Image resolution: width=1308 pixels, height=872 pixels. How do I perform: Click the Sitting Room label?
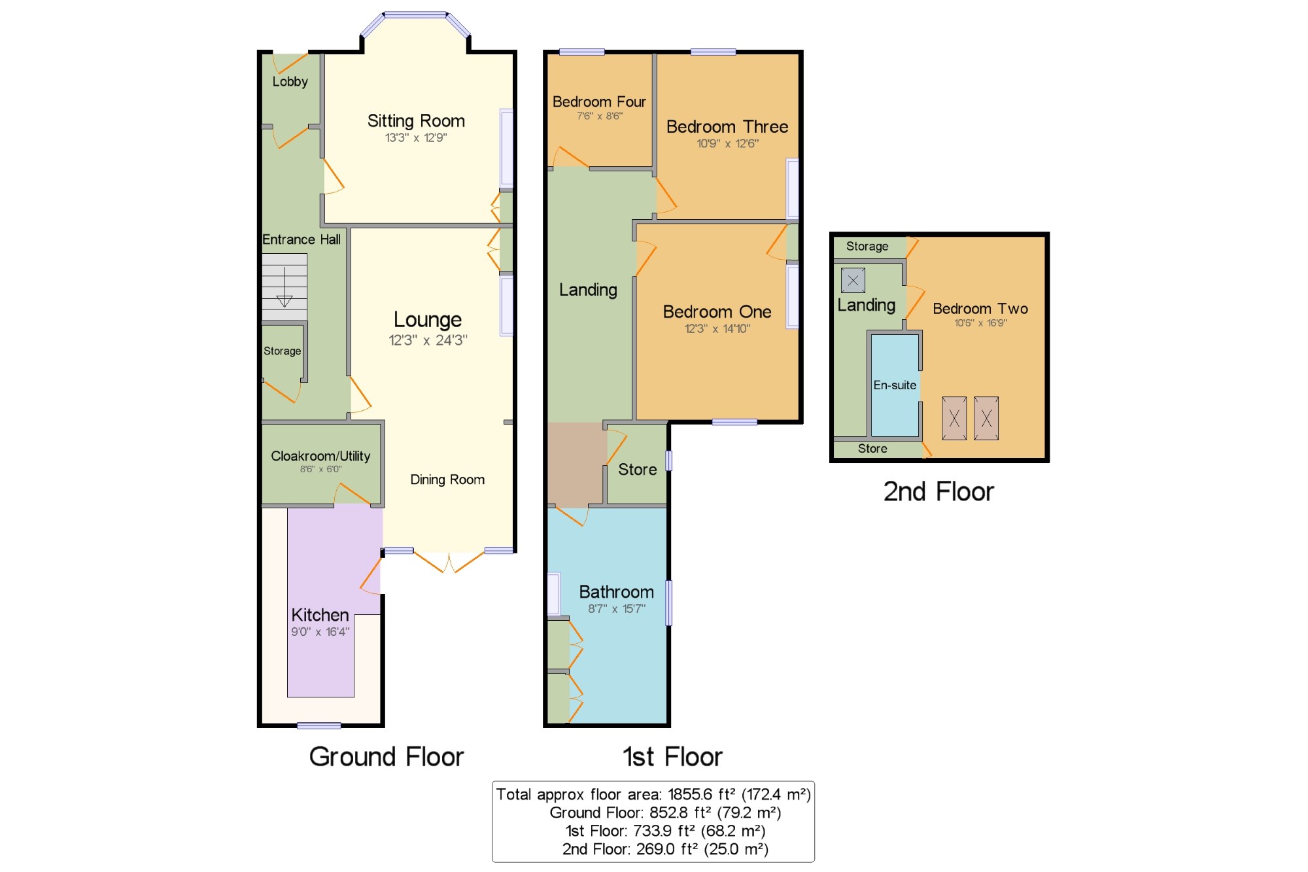pyautogui.click(x=416, y=121)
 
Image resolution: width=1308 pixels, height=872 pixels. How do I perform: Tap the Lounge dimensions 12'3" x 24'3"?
pyautogui.click(x=428, y=340)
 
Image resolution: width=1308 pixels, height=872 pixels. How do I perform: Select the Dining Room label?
pyautogui.click(x=447, y=480)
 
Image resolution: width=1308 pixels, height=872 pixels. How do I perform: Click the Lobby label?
pyautogui.click(x=290, y=82)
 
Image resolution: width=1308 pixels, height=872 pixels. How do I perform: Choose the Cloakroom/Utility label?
pyautogui.click(x=320, y=456)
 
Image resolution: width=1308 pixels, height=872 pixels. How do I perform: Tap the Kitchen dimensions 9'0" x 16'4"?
pyautogui.click(x=320, y=632)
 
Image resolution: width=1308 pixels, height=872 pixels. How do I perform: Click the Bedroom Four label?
pyautogui.click(x=599, y=101)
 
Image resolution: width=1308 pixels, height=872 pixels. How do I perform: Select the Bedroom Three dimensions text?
pyautogui.click(x=727, y=143)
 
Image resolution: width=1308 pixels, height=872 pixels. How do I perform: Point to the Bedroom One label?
pyautogui.click(x=717, y=311)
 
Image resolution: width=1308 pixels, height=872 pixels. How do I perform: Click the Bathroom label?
pyautogui.click(x=616, y=592)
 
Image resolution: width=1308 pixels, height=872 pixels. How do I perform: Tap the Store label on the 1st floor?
pyautogui.click(x=638, y=470)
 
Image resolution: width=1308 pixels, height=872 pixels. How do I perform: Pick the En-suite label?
pyautogui.click(x=895, y=385)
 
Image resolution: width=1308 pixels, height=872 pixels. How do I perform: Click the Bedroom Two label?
pyautogui.click(x=980, y=309)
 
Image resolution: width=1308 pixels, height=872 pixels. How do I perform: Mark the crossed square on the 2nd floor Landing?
pyautogui.click(x=853, y=281)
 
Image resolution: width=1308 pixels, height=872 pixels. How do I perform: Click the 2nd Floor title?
pyautogui.click(x=938, y=492)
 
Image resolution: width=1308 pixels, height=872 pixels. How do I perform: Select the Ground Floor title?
pyautogui.click(x=387, y=757)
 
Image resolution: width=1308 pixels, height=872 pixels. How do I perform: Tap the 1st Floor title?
pyautogui.click(x=672, y=757)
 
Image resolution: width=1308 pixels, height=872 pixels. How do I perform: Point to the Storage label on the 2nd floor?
pyautogui.click(x=867, y=247)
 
